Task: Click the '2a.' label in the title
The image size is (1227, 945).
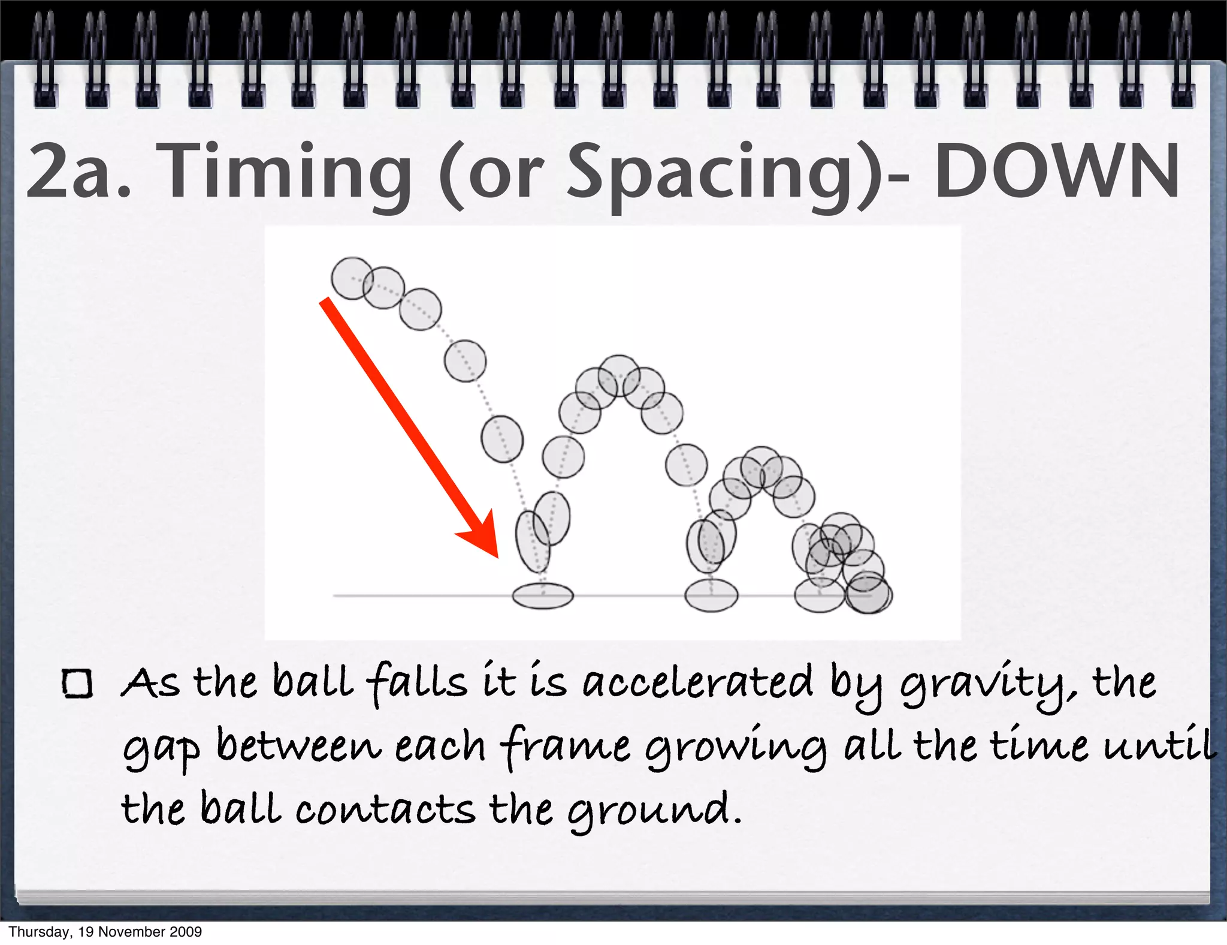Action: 78,173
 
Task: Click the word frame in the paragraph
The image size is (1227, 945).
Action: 564,747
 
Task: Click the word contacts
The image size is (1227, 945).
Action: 385,809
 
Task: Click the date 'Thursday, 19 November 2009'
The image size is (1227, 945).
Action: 105,931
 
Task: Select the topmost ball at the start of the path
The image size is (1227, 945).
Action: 352,278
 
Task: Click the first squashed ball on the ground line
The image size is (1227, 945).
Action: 543,595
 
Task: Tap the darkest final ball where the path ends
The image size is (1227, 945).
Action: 868,593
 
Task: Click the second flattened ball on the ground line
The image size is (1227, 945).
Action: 712,595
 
